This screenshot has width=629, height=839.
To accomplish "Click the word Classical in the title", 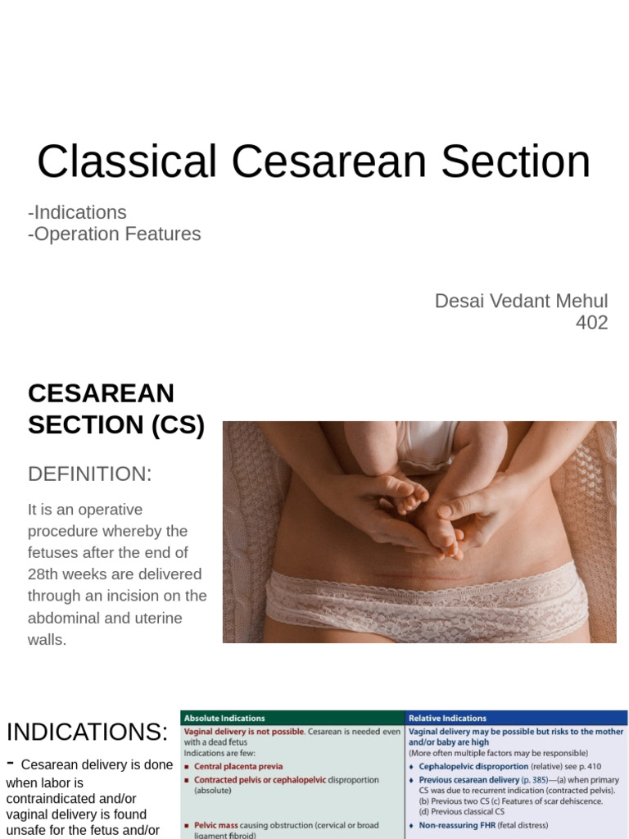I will click(x=126, y=161).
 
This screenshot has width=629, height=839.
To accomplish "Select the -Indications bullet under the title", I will click(x=77, y=212).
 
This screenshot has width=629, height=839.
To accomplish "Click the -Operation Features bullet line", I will click(x=114, y=234).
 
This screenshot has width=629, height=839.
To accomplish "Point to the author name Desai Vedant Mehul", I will click(x=521, y=301).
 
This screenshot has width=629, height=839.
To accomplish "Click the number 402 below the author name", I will click(x=591, y=323).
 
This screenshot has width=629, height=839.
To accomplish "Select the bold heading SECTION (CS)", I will click(x=115, y=425).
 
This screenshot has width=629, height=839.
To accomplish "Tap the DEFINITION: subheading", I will click(x=90, y=474).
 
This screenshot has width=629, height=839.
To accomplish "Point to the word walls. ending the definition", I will click(x=47, y=639).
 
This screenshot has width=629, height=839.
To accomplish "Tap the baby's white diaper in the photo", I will click(x=426, y=447).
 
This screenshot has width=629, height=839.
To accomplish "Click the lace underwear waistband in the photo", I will click(x=426, y=583).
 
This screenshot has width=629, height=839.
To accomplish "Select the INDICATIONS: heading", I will click(x=87, y=732).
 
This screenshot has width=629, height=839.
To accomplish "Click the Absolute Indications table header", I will click(x=224, y=719).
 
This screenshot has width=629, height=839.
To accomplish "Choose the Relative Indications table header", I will click(x=447, y=719).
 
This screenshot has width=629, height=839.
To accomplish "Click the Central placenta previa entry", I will click(x=238, y=767).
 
